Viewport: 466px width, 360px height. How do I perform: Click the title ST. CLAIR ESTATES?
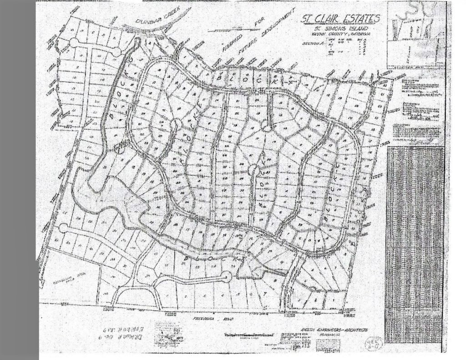(341, 19)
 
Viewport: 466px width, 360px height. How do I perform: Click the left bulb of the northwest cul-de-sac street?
(74, 42)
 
